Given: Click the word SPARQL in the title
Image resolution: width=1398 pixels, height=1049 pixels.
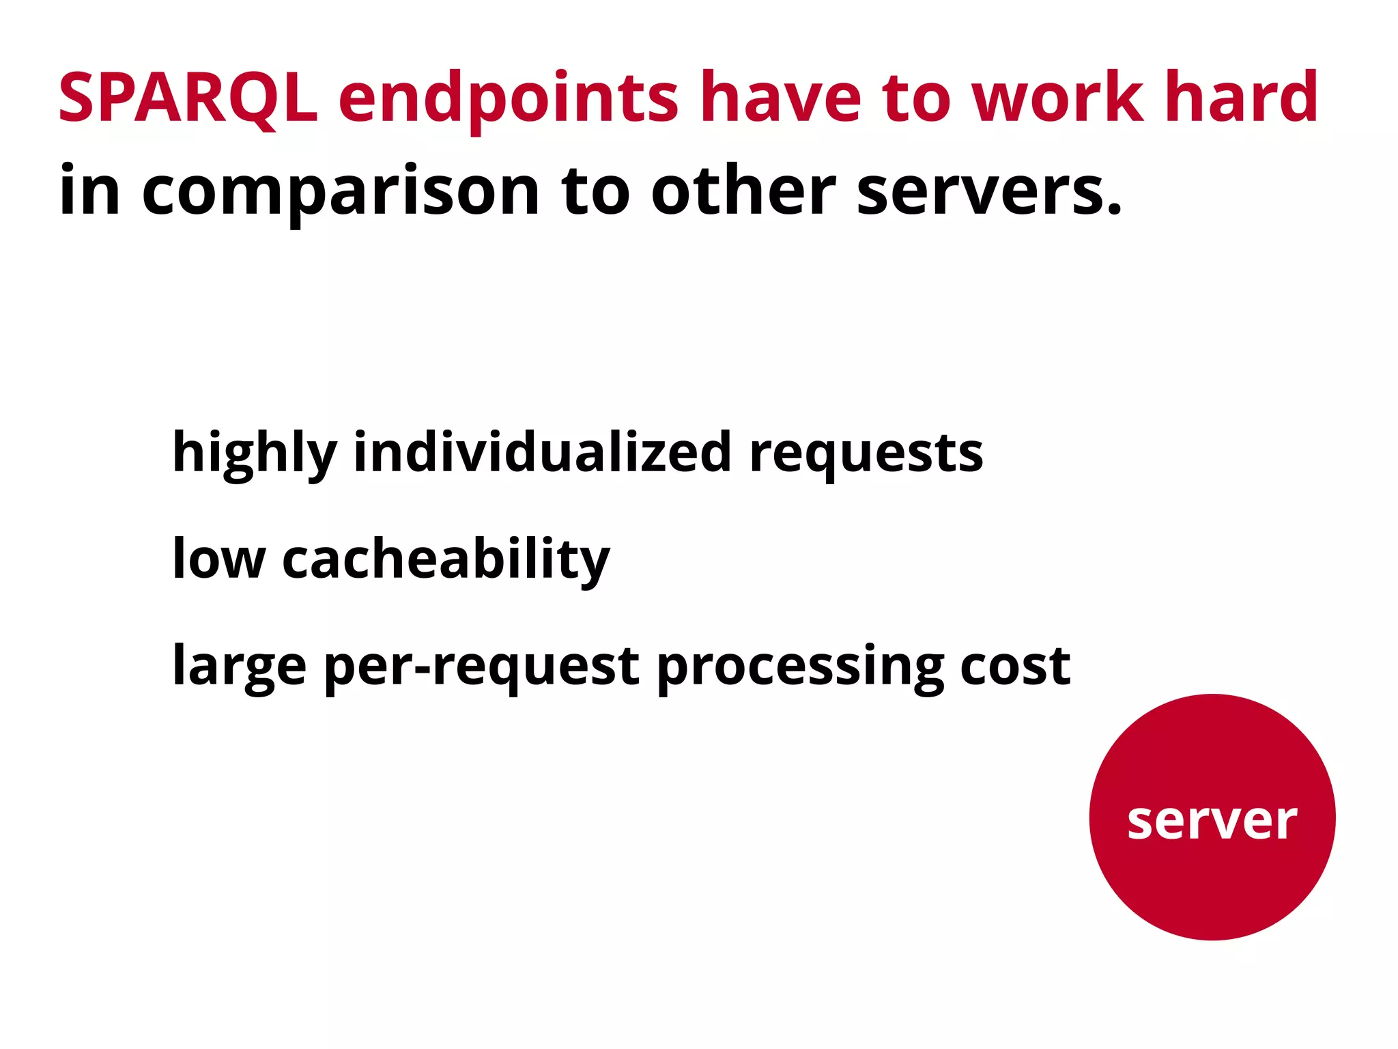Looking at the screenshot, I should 188,99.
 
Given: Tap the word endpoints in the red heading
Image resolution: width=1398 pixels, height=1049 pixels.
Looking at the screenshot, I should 509,101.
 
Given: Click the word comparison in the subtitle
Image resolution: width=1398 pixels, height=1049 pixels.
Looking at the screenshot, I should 341,193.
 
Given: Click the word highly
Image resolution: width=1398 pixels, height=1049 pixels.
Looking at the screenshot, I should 255,454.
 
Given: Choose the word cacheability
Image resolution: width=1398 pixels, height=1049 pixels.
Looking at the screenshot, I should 446,559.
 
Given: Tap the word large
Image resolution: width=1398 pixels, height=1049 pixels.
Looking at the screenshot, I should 239,667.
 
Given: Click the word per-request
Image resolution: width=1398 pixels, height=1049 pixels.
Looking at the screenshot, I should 481,667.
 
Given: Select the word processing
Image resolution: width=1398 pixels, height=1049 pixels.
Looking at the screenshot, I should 800,667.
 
